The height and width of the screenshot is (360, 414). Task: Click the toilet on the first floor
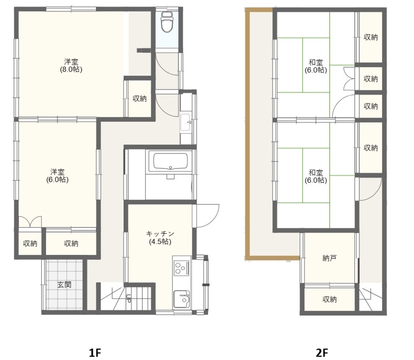coord(167,22)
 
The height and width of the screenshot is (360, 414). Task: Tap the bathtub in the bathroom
coord(170,161)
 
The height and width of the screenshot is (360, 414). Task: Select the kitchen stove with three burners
coord(182,267)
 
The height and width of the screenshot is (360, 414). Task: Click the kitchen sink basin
coord(182,299)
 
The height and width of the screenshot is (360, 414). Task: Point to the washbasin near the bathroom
coord(186,123)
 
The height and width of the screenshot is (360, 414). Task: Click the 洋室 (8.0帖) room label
coord(71,66)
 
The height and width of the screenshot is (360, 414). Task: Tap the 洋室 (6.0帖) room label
coord(57,176)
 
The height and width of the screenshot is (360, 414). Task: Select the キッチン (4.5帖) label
coord(160,237)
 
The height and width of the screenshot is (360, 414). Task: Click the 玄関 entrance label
coord(64,285)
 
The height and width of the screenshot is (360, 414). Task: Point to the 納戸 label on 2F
coord(329,258)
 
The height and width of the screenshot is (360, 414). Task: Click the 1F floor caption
coord(95,352)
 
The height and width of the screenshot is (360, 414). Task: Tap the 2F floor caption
coord(322,352)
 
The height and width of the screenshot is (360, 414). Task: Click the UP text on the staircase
coord(129,298)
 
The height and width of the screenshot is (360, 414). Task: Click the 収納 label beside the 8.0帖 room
coord(139,99)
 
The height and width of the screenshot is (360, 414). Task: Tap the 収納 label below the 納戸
coord(329,299)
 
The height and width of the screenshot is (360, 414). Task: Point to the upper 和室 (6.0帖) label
coord(316,66)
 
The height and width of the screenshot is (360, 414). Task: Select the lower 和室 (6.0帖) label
coord(316,176)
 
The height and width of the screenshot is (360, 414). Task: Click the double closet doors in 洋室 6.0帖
coord(30,222)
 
